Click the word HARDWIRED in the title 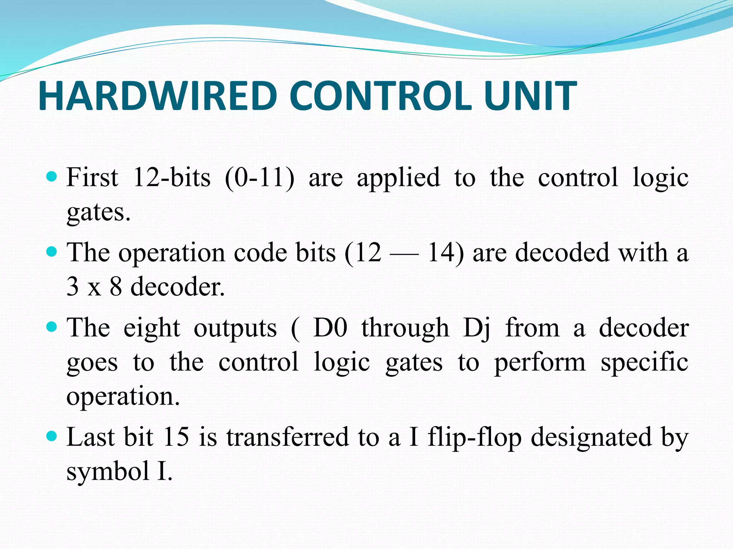pyautogui.click(x=158, y=96)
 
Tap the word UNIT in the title pyautogui.click(x=530, y=96)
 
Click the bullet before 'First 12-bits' pyautogui.click(x=52, y=176)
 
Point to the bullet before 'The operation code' pyautogui.click(x=52, y=252)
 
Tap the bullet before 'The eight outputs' pyautogui.click(x=52, y=327)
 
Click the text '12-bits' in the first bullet pyautogui.click(x=172, y=177)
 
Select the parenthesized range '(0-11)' pyautogui.click(x=259, y=177)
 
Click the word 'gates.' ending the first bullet pyautogui.click(x=98, y=213)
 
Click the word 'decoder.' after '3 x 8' pyautogui.click(x=178, y=287)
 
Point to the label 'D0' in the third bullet pyautogui.click(x=330, y=328)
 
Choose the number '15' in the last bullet pyautogui.click(x=176, y=437)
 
